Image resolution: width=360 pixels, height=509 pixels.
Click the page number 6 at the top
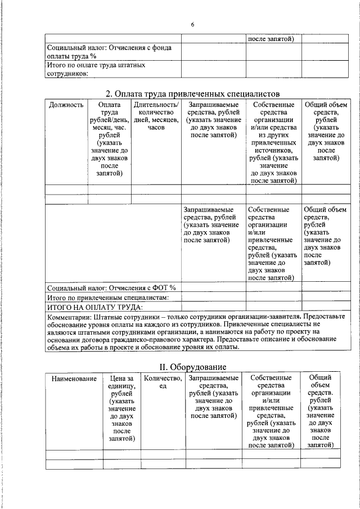[192, 25]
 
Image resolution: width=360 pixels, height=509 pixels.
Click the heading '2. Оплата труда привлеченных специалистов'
[193, 93]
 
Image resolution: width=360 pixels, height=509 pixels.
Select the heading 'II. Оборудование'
[192, 367]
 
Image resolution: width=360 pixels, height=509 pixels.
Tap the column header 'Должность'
[66, 105]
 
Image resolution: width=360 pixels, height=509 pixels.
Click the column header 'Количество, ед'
[163, 383]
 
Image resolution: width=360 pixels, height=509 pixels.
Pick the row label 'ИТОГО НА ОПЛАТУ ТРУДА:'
[95, 307]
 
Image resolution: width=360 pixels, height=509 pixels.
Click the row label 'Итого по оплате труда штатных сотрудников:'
[96, 69]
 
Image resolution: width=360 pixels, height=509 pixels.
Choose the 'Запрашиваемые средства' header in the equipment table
[214, 397]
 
